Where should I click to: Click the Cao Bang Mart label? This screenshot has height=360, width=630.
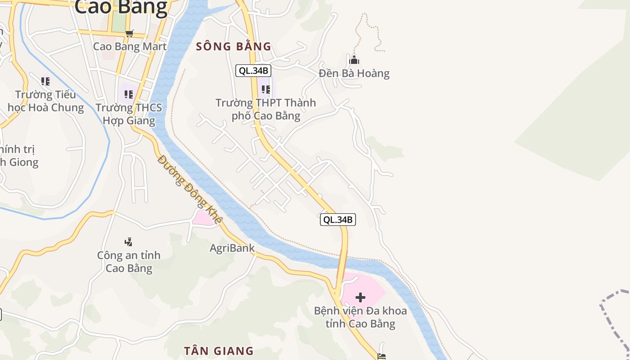[130, 46]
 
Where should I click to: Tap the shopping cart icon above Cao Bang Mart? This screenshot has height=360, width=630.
[130, 33]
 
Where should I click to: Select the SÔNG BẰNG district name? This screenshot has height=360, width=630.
[234, 46]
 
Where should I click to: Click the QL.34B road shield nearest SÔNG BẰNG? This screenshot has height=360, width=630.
[253, 70]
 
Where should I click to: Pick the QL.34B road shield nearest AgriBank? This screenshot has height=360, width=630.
[337, 220]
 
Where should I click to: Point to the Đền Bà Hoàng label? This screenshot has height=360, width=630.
[354, 73]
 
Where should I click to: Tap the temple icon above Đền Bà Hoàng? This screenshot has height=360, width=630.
[354, 60]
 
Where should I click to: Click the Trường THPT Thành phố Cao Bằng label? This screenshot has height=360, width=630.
[265, 109]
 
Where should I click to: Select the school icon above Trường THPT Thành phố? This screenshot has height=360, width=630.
[265, 90]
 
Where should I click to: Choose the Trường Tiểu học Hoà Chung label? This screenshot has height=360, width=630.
[46, 101]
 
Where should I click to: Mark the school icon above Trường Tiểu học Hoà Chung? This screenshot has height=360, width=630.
[45, 81]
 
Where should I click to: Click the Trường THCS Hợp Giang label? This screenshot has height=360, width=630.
[129, 114]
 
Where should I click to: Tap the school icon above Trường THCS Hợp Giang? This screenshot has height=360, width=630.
[129, 94]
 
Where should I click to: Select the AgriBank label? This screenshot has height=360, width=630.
[232, 248]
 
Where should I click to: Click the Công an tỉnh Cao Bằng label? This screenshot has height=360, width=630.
[129, 262]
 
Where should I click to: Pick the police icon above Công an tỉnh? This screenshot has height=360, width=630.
[129, 242]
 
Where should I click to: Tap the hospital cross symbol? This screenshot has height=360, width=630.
[360, 297]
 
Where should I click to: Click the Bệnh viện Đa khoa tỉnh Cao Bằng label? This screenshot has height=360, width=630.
[360, 317]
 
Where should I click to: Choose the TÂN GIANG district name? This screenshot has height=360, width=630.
[219, 351]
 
